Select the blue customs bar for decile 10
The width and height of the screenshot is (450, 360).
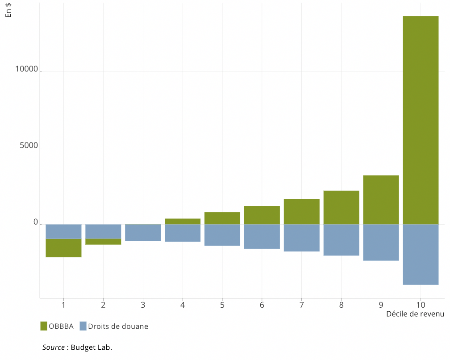(421, 254)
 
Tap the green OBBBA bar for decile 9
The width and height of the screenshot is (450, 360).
(381, 200)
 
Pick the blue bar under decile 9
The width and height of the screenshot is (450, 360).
(381, 242)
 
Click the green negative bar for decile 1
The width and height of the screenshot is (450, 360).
(63, 248)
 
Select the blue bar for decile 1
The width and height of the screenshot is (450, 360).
(63, 231)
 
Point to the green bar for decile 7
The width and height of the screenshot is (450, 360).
(301, 211)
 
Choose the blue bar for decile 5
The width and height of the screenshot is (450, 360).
(222, 235)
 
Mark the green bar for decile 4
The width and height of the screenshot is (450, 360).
(183, 221)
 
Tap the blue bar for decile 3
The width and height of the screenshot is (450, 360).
(143, 232)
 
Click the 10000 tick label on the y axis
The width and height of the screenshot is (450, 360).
(26, 69)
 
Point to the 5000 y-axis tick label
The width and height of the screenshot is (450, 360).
(29, 146)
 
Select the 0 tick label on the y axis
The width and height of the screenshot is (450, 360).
(36, 222)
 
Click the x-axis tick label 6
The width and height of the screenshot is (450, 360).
(262, 305)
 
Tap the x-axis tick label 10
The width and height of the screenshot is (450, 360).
(421, 305)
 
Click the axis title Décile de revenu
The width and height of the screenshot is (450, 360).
(415, 314)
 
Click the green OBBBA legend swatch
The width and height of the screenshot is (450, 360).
(44, 326)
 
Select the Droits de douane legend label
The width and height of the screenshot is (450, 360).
(118, 327)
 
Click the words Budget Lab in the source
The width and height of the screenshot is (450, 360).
(91, 347)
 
